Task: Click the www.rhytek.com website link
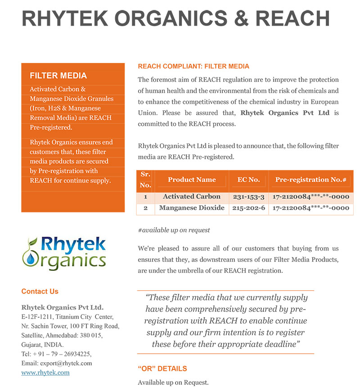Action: coord(45,373)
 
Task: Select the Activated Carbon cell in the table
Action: coord(192,197)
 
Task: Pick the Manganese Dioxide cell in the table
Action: coord(192,208)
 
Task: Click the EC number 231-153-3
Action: coord(248,197)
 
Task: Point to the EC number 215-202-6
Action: coord(248,208)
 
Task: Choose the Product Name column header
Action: coord(192,180)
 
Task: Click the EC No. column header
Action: coord(248,180)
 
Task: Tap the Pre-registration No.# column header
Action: coord(310,180)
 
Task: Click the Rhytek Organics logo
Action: coord(64,253)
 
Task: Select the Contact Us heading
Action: coord(40,292)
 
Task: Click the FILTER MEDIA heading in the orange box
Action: coord(58,76)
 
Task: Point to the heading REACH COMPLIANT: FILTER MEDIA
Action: coord(193,67)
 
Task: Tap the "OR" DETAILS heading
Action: coord(162,369)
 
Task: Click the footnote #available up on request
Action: coord(174,230)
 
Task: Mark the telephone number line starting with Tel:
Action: coord(56,354)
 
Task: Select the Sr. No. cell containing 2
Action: coord(145,208)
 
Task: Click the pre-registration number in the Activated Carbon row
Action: coord(310,197)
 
